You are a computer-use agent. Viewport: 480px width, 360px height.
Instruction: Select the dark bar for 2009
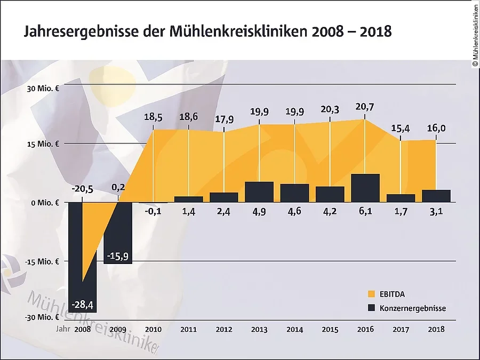tap(118, 233)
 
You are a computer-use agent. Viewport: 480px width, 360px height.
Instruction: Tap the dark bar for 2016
tap(365, 188)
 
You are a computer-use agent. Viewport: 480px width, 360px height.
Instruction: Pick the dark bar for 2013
tap(259, 192)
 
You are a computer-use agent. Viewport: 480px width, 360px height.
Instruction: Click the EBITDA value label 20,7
tap(365, 107)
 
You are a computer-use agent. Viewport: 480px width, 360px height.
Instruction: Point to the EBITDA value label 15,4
tap(401, 129)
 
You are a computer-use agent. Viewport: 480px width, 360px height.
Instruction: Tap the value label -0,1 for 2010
tap(154, 213)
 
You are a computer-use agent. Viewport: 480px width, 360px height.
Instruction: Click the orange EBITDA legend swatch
tap(372, 294)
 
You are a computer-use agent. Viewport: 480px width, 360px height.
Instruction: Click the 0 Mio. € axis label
tap(45, 203)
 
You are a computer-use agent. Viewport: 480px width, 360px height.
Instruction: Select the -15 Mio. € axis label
tap(43, 261)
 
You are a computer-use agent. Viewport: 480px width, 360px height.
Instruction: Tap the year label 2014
tap(294, 330)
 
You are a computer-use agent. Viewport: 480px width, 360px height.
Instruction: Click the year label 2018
tap(436, 330)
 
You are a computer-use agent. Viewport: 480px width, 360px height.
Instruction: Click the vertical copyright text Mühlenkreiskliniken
tap(475, 35)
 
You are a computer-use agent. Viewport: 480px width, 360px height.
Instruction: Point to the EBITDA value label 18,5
tap(153, 118)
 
